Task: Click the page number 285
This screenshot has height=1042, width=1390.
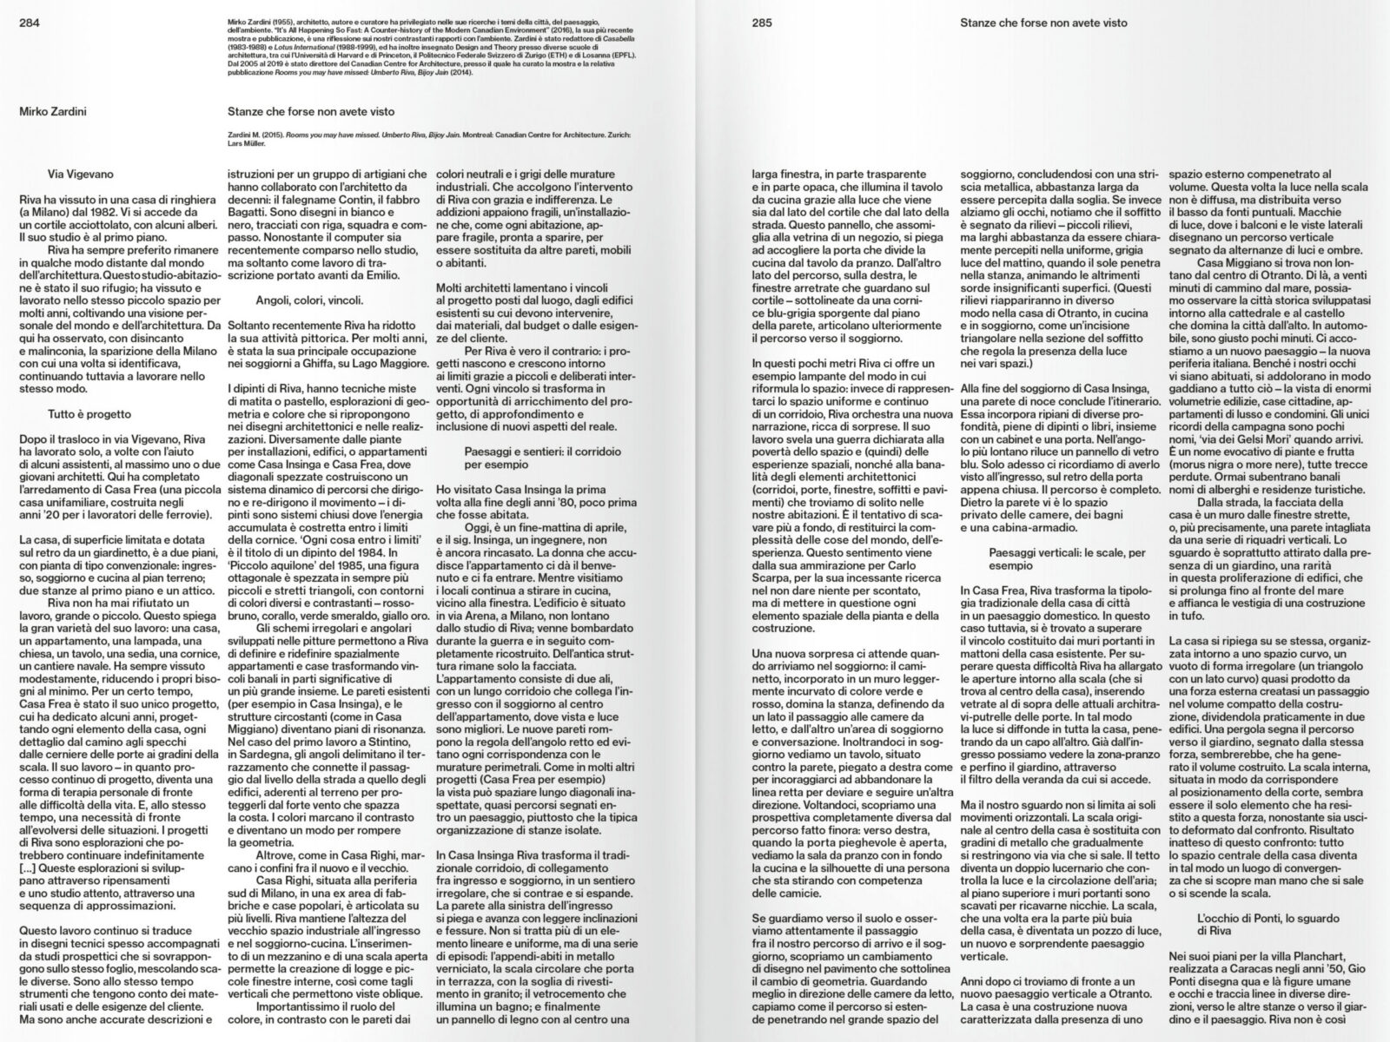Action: coord(762,23)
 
